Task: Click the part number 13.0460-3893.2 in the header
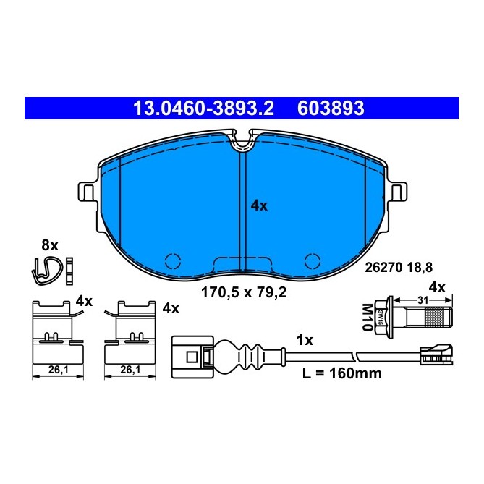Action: coord(203,109)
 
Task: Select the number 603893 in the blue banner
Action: coord(331,109)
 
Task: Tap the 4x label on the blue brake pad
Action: coord(259,205)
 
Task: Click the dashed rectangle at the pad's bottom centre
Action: coord(243,263)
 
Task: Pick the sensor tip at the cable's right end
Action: coord(436,354)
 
